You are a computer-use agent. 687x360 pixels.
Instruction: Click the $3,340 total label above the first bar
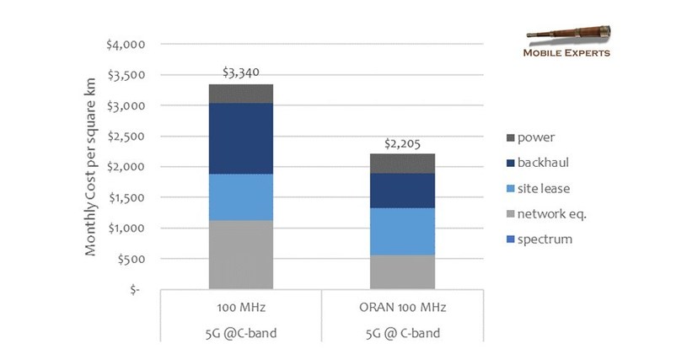pyautogui.click(x=240, y=73)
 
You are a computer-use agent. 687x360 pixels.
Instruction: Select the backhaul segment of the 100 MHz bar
pyautogui.click(x=240, y=138)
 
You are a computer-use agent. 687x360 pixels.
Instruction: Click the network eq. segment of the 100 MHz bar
pyautogui.click(x=240, y=255)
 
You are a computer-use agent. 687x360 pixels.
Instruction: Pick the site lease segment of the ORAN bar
pyautogui.click(x=403, y=231)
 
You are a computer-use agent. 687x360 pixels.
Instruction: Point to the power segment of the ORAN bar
pyautogui.click(x=403, y=164)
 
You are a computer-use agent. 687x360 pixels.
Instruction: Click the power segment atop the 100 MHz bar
pyautogui.click(x=240, y=94)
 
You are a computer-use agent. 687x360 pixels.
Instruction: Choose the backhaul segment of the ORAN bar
pyautogui.click(x=403, y=191)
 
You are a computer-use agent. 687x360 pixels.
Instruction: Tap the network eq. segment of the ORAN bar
pyautogui.click(x=403, y=271)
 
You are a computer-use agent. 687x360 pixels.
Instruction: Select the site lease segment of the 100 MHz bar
pyautogui.click(x=240, y=196)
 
